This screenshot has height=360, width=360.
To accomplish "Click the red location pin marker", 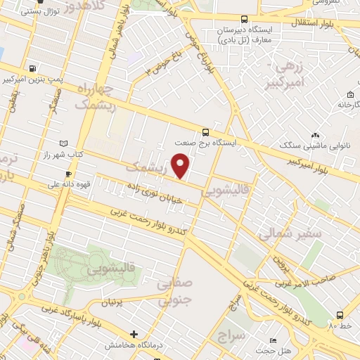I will pos(181,165).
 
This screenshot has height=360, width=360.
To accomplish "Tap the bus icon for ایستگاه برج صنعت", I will pos(205,131).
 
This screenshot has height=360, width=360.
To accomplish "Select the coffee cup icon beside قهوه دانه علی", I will pos(68,174).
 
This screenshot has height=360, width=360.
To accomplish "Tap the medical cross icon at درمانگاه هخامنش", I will pos(134,334).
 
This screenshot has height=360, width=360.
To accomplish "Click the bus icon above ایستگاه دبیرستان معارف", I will pos(244,20).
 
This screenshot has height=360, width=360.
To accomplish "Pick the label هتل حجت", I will pos(265,350).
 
